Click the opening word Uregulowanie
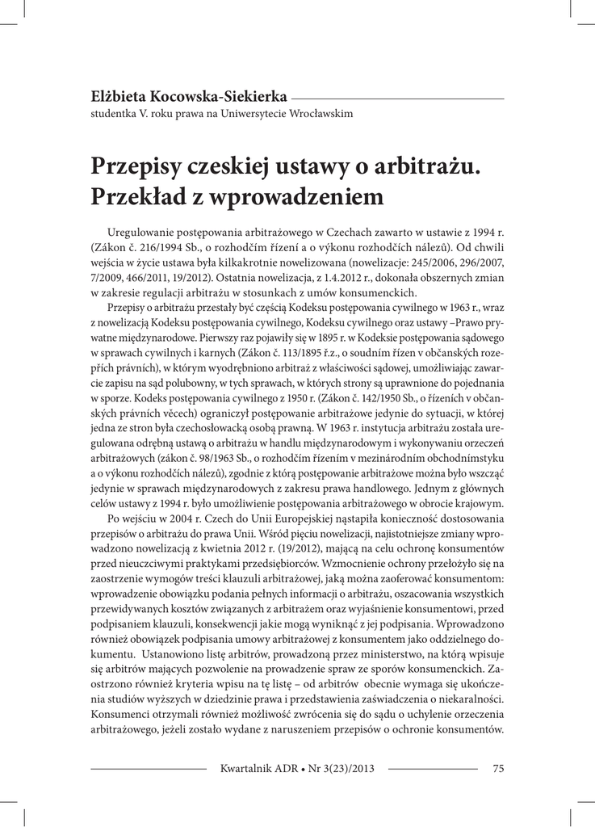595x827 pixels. [146, 233]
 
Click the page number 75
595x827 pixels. [497, 768]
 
